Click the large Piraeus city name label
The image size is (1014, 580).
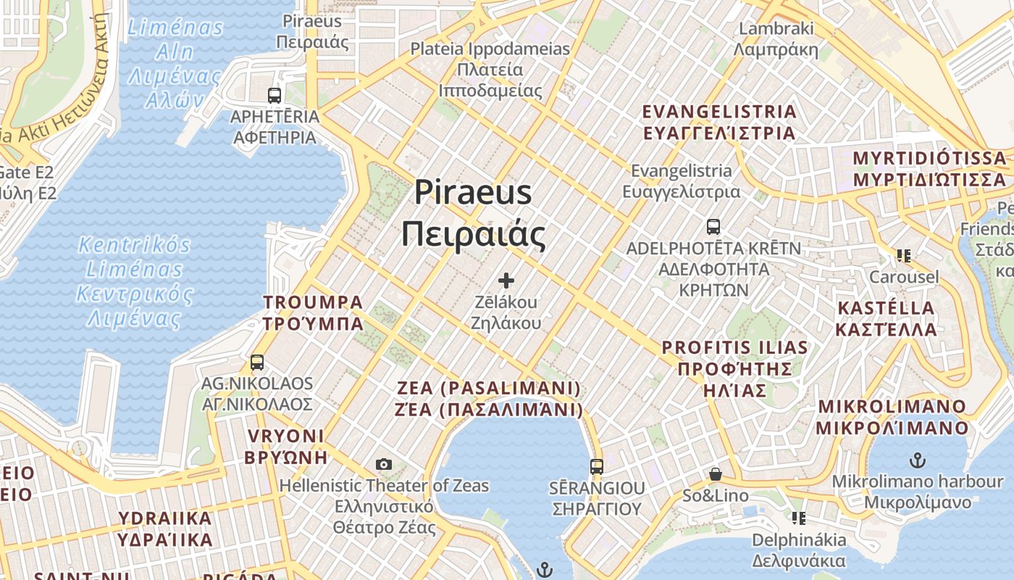coord(474,213)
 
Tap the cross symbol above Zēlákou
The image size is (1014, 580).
coord(506,281)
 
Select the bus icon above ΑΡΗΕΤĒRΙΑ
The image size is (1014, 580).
coord(275,95)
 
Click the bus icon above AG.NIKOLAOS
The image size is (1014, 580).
coord(256,362)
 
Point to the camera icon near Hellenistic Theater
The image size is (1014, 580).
coord(384,464)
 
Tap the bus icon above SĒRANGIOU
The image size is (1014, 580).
coord(596,466)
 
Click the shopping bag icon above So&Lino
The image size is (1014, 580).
coord(716,475)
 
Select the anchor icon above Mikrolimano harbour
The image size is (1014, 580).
coord(918,460)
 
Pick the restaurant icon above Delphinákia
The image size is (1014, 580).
coord(798,518)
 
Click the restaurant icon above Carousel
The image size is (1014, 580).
coord(903,256)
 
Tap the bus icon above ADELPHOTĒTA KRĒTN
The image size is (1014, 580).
coord(713,227)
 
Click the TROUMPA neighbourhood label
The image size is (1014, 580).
coord(313,312)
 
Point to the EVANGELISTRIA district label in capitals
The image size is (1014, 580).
coord(720,123)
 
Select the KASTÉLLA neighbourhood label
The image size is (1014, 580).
coord(886,318)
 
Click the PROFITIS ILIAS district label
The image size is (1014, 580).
coord(734,368)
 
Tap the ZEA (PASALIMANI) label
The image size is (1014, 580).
coord(489,399)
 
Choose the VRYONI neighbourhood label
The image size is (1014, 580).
coord(285,446)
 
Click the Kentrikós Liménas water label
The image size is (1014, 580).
coord(135,281)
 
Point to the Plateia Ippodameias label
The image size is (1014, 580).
coord(490,70)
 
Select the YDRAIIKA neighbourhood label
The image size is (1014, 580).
coord(165,529)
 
